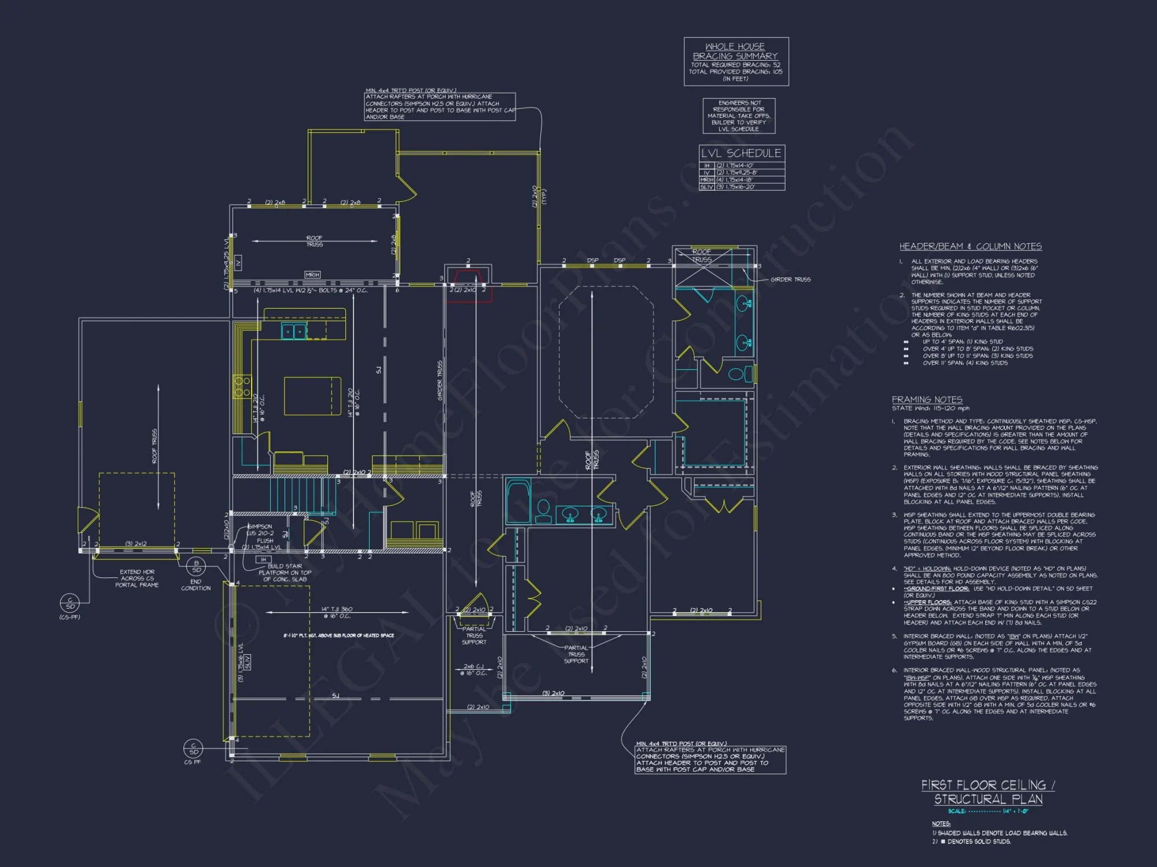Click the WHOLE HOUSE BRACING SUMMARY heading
tap(735, 51)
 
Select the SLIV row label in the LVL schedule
tap(706, 187)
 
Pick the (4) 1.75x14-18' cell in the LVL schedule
tap(735, 180)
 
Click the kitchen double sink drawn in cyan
tap(293, 331)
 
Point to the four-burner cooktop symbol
tap(242, 387)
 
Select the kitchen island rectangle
tap(312, 396)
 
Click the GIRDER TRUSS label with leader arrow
tap(790, 280)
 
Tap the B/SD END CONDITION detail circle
tap(196, 566)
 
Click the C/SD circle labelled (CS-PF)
tap(70, 603)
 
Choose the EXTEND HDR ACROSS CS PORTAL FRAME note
tap(137, 578)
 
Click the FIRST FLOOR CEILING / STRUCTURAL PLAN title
tap(988, 792)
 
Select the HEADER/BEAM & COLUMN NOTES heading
tap(970, 247)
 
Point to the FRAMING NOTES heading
tap(927, 399)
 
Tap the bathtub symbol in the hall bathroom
tap(518, 502)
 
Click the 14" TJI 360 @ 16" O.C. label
tap(337, 612)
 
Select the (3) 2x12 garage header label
tap(136, 544)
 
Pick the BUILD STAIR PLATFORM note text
tap(285, 573)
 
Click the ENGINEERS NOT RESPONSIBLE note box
tap(739, 116)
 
